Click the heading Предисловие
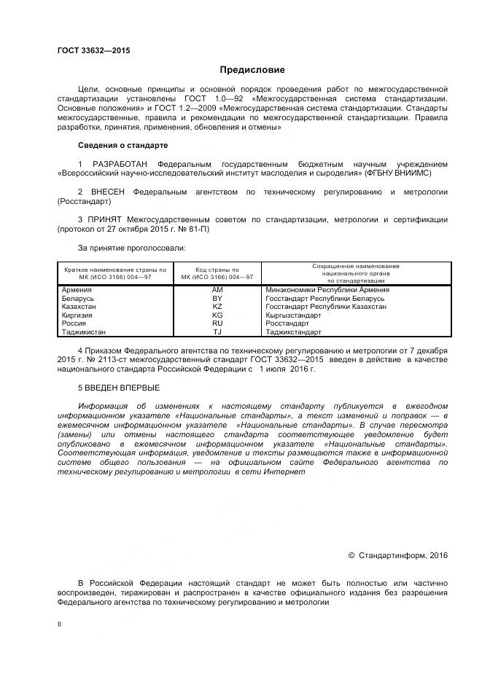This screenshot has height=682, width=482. pos(252,70)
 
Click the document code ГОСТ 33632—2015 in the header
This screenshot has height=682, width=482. pos(93,50)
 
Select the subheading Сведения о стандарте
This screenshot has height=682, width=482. pos(123,146)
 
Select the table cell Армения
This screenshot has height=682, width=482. pos(77,290)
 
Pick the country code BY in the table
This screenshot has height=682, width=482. pos(217,299)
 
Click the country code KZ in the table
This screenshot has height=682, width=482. pos(217,307)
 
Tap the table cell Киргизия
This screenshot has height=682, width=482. pos(78,315)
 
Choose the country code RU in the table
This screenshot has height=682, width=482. pos(217,324)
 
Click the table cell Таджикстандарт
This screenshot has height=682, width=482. pos(294,332)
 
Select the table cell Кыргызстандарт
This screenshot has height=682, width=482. pos(294,315)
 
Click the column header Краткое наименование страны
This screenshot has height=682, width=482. pos(115,273)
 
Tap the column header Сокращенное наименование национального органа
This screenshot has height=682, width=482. pos(355,273)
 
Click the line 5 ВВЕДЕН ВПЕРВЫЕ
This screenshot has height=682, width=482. pos(118,387)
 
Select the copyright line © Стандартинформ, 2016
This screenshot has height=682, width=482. pos(397,555)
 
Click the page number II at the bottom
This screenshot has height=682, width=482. pos(60,624)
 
